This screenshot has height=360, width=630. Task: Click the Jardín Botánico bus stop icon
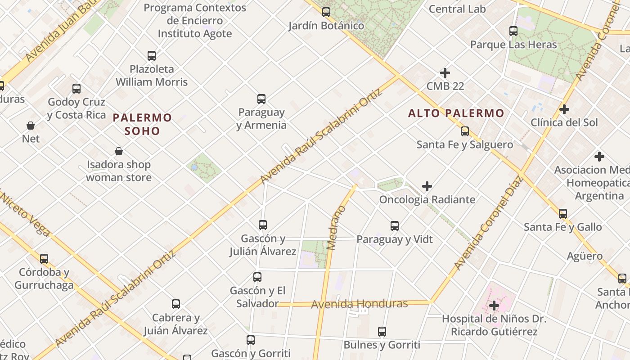(x=326, y=12)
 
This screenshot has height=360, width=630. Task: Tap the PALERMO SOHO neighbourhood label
(x=142, y=125)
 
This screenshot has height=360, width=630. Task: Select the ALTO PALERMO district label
(x=456, y=113)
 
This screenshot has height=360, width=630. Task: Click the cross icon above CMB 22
(x=445, y=73)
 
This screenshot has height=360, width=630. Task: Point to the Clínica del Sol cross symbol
(x=564, y=109)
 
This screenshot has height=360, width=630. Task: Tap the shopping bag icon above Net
(x=31, y=126)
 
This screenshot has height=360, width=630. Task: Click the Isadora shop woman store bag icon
(x=119, y=151)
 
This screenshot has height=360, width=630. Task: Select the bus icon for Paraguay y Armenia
(x=261, y=99)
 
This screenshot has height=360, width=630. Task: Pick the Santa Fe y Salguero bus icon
(x=465, y=131)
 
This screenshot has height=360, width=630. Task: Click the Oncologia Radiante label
(x=427, y=199)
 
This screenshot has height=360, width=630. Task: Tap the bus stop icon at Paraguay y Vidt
(x=395, y=226)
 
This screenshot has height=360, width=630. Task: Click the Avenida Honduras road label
(x=360, y=304)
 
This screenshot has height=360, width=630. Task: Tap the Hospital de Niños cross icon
(x=494, y=306)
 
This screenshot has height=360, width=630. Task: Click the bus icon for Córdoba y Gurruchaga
(x=44, y=259)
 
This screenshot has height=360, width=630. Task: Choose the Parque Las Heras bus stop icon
(x=513, y=31)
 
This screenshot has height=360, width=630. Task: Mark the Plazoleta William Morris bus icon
(x=152, y=56)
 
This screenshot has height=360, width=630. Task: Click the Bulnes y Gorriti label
(x=382, y=345)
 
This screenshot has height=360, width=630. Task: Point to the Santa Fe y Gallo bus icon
(x=563, y=214)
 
